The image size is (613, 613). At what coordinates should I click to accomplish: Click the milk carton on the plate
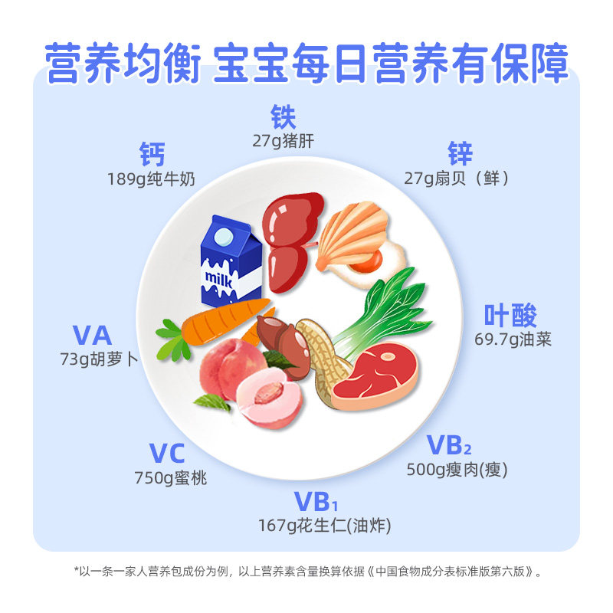coord(231,261)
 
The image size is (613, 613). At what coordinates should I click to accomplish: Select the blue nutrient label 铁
coord(283,117)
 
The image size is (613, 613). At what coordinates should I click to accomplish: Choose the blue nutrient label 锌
coord(461,154)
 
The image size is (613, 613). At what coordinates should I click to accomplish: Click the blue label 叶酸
coord(510,315)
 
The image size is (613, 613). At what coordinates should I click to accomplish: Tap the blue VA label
coord(93,335)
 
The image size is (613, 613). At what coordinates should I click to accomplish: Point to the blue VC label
coord(167,454)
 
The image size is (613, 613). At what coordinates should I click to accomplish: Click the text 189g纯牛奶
coord(152,179)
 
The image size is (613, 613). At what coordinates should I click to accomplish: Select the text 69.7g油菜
coord(513,338)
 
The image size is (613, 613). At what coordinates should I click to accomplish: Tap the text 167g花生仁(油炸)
coord(325,526)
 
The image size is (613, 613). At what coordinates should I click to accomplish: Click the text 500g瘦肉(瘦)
coord(457,470)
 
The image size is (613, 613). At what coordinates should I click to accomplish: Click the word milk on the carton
coord(218,277)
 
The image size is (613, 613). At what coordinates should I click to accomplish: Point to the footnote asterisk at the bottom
coord(77,571)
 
